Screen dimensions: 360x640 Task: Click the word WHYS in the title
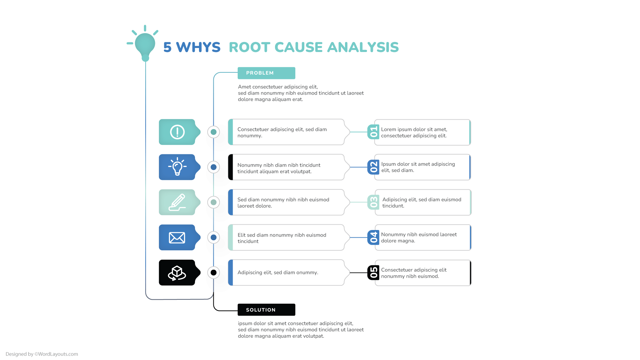[198, 47]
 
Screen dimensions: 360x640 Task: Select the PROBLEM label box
[266, 73]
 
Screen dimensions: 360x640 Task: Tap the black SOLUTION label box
[266, 310]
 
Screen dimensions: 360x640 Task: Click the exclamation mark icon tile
[177, 132]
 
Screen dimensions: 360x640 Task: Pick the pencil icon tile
[177, 202]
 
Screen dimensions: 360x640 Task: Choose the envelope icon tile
[177, 238]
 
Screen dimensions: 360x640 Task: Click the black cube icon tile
[177, 273]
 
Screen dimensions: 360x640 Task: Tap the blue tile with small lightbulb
[177, 167]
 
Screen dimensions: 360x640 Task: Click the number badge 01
[373, 132]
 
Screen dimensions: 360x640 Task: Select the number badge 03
[373, 202]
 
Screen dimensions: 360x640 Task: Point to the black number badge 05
[373, 273]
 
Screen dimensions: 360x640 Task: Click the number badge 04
[373, 238]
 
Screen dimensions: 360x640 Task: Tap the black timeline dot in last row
[214, 273]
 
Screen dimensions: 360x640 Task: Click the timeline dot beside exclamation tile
[214, 132]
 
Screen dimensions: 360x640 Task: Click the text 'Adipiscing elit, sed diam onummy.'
[278, 273]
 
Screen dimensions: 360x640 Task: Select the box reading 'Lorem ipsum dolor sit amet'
[423, 132]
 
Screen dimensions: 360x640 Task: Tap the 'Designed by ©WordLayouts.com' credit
[42, 354]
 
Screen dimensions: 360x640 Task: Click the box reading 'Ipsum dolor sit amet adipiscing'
[423, 167]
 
